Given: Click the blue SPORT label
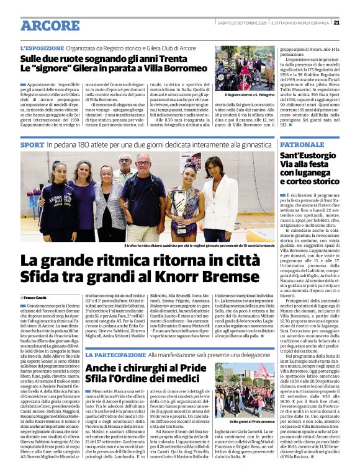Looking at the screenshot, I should click(32, 144).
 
